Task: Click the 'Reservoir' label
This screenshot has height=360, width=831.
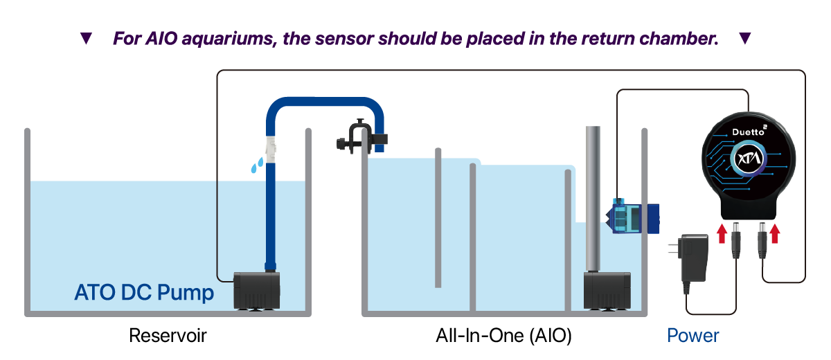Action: click(168, 336)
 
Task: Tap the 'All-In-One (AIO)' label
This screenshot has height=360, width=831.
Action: click(503, 336)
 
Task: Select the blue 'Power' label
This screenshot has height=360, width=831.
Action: click(693, 336)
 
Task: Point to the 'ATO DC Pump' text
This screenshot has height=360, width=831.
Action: click(144, 293)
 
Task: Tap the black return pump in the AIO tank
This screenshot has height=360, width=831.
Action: click(607, 291)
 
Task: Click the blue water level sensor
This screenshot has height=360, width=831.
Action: click(633, 215)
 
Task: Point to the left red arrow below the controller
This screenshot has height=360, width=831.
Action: click(722, 233)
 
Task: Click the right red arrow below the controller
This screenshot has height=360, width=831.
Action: click(775, 233)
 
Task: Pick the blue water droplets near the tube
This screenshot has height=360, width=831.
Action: click(256, 165)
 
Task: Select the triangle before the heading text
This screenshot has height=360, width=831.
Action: click(86, 39)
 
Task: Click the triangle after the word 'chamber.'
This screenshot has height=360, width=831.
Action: click(745, 39)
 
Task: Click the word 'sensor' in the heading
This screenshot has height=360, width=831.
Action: click(341, 39)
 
